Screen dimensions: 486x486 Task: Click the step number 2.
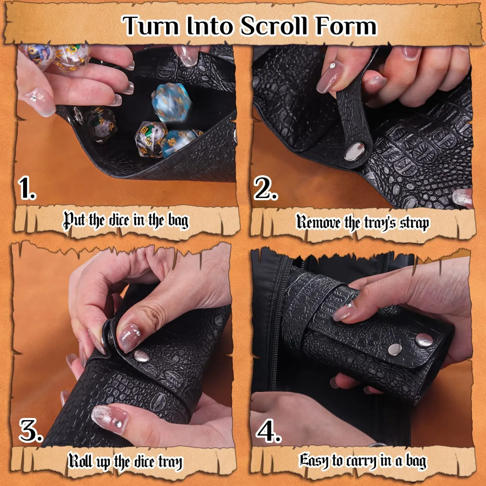click(266, 189)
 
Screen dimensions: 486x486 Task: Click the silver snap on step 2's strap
click(354, 152)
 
